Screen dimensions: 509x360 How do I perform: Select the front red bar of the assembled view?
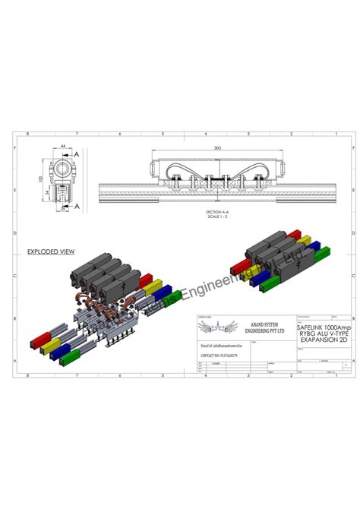tap(239, 265)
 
